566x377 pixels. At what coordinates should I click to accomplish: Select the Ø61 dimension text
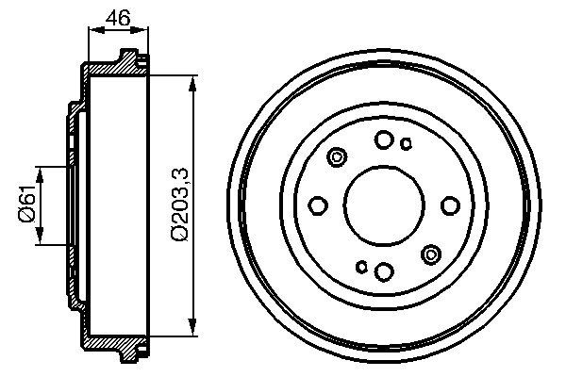click(25, 205)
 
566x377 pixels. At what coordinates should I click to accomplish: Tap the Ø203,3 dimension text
click(178, 205)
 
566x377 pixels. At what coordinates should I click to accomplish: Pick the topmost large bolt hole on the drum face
click(383, 140)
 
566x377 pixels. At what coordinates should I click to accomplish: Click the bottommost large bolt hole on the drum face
click(383, 271)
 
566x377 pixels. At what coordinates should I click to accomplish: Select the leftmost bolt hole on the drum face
click(318, 205)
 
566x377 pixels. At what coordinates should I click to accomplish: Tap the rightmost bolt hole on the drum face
click(449, 205)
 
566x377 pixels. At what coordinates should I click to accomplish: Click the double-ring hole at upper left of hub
click(337, 158)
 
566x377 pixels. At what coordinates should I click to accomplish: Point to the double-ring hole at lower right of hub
click(431, 253)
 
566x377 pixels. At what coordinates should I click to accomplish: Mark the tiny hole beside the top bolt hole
click(407, 144)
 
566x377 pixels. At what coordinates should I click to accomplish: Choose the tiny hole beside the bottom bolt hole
click(360, 268)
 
